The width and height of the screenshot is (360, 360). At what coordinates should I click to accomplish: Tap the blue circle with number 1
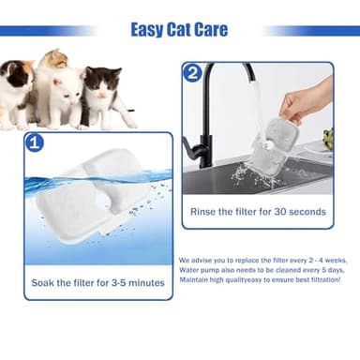tap(34, 143)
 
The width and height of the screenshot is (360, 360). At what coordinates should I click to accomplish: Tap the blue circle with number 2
tap(192, 72)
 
